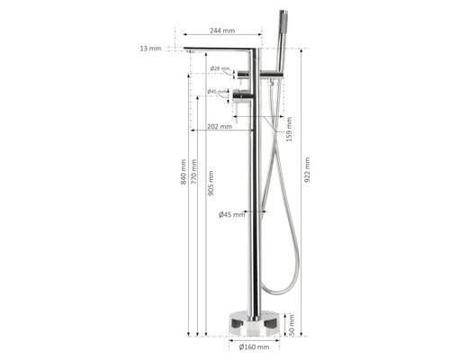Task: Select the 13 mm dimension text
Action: point(149,49)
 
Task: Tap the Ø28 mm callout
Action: point(220,68)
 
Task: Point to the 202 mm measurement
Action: point(219,127)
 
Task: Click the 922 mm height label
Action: point(307,171)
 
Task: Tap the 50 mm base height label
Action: point(290,324)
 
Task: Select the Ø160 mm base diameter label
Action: point(254,346)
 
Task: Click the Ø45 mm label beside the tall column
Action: point(231,214)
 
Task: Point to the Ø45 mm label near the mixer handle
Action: point(217,91)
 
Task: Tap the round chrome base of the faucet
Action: point(255,322)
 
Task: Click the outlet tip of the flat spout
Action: point(190,51)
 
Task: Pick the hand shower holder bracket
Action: point(270,80)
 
